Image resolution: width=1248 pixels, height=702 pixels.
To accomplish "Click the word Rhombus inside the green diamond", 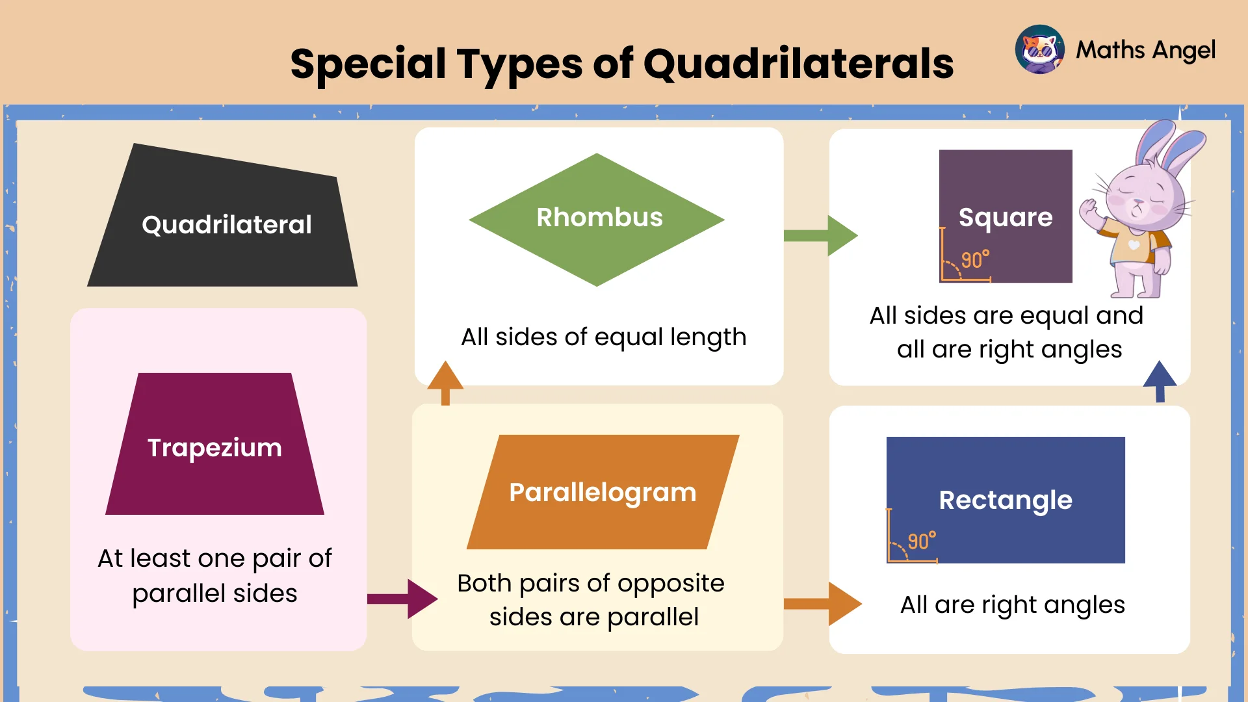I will [x=599, y=218].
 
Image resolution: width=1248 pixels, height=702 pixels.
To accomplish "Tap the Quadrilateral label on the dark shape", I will [x=226, y=225].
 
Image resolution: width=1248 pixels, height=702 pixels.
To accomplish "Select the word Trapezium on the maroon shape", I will [x=214, y=448].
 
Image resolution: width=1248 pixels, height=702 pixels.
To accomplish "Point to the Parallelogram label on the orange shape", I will [x=603, y=493].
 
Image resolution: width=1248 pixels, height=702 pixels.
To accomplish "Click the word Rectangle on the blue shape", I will [x=1006, y=500].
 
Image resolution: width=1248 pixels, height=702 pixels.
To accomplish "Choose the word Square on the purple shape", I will [x=1006, y=218].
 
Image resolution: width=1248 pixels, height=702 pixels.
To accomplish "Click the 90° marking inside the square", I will [x=975, y=260].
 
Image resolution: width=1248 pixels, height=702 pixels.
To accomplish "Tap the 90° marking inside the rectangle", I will [x=922, y=541].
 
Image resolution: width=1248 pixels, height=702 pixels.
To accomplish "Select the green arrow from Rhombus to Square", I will [x=820, y=235].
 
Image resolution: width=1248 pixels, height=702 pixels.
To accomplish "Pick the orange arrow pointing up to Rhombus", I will [x=445, y=383].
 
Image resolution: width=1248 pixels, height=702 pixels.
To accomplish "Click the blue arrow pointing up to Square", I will [x=1160, y=381].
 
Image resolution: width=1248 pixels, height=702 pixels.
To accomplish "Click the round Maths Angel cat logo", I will [x=1039, y=50].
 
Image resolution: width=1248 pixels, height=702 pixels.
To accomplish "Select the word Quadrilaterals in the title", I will [x=798, y=64].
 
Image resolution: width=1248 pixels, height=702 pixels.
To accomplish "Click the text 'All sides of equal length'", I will [x=603, y=337].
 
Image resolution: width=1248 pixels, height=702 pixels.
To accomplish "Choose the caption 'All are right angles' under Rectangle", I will [x=1012, y=605].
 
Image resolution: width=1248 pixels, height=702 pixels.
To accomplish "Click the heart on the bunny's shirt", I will [x=1134, y=245].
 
